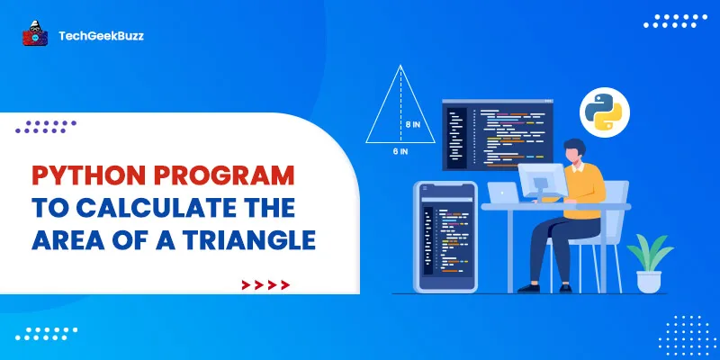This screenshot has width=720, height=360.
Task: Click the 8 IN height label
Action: (412, 125)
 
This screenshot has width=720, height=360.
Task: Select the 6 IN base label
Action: (400, 152)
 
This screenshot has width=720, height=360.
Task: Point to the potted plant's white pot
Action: (648, 280)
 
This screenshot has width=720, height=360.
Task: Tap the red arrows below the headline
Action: (266, 285)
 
